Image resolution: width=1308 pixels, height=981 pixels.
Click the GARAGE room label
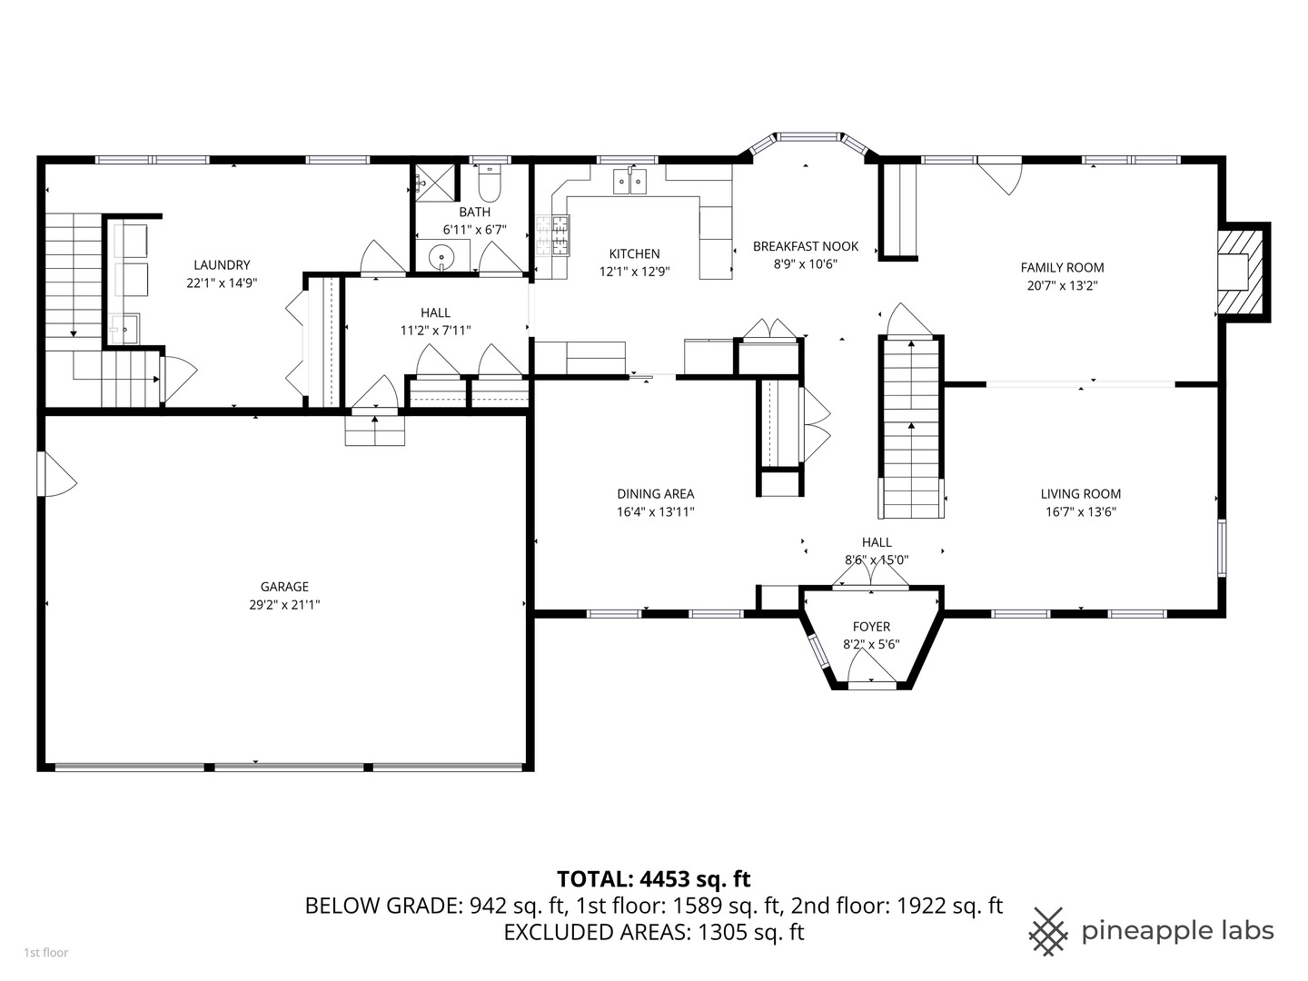click(284, 587)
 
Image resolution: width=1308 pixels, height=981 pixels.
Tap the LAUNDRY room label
click(222, 265)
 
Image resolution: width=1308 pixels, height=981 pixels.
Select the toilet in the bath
click(489, 186)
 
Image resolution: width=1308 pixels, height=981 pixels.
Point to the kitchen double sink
click(629, 182)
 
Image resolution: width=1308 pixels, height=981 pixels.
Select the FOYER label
click(871, 627)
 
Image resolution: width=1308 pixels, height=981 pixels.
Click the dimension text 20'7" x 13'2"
click(1062, 285)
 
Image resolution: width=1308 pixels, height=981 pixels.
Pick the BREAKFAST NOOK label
click(806, 246)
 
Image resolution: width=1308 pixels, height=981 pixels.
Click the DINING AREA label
click(655, 494)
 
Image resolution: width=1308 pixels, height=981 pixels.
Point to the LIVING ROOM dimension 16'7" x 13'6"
click(1080, 511)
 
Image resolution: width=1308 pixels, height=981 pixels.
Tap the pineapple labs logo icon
click(1048, 931)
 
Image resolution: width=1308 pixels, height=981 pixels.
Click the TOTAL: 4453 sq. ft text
click(653, 878)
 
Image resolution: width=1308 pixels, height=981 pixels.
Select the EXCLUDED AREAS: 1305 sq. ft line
click(653, 932)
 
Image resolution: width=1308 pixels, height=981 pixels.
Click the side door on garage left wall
click(54, 474)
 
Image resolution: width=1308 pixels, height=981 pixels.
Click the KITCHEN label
click(634, 254)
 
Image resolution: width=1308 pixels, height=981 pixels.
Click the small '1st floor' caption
click(45, 953)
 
